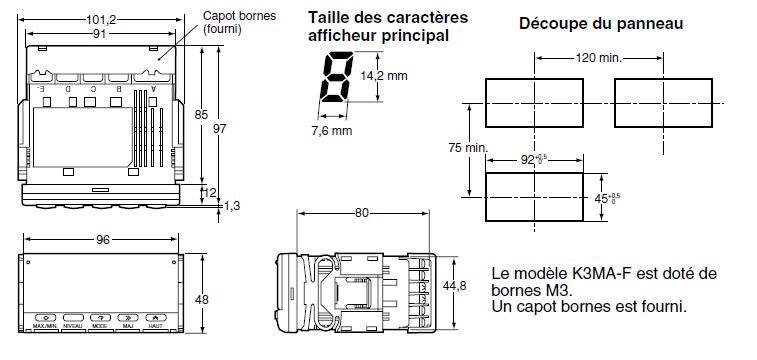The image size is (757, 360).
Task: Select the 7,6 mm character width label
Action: click(329, 130)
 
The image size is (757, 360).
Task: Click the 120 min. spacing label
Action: click(597, 59)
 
